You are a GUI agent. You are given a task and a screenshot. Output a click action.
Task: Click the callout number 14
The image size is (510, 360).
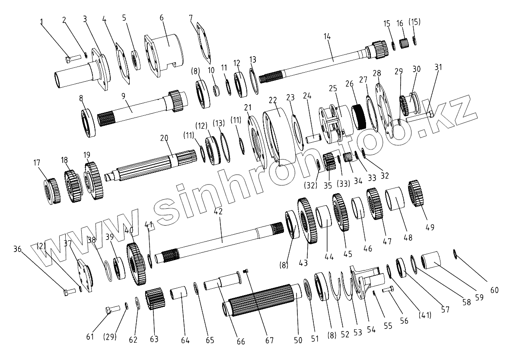327,37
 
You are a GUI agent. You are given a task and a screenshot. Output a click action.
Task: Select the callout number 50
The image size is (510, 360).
298,340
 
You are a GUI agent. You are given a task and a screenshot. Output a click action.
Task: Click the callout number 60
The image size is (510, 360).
494,290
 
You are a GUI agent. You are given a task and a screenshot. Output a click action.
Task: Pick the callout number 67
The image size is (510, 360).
269,340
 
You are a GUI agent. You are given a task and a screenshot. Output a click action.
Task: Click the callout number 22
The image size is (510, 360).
273,100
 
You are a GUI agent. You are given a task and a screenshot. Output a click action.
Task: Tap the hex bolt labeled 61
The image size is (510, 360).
112,309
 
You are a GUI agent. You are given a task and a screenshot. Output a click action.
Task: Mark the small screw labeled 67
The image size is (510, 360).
245,271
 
